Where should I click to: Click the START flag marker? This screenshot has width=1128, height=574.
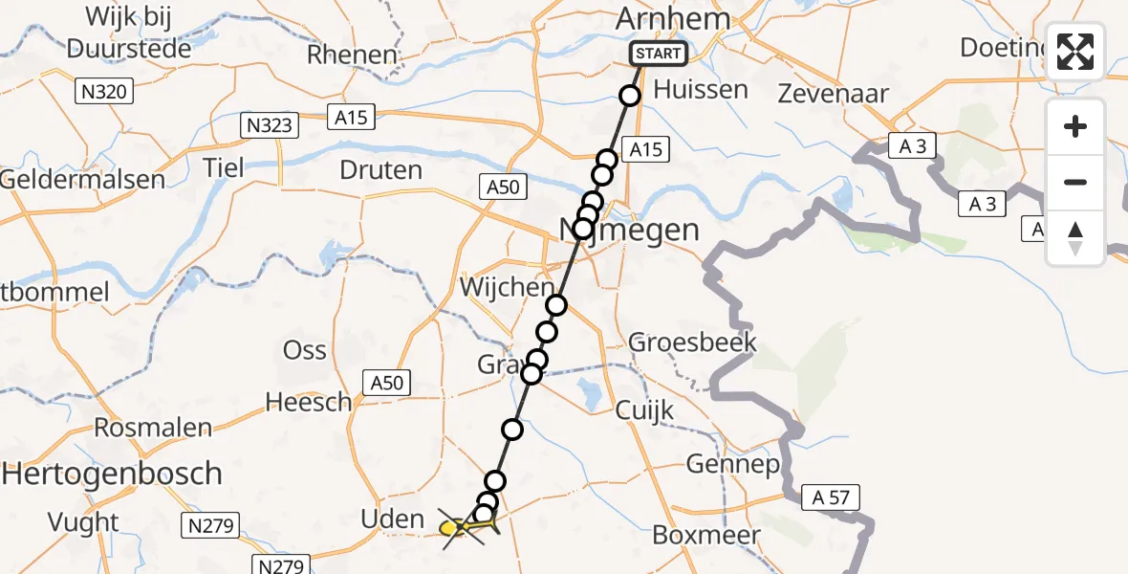(x=659, y=54)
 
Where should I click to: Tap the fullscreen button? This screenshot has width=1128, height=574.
(x=1075, y=52)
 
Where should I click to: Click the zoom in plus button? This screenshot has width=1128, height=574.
(x=1075, y=126)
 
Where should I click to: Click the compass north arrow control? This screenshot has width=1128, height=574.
(x=1075, y=237)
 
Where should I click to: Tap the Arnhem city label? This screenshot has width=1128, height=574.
(x=673, y=19)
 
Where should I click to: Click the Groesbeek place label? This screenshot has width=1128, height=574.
(x=692, y=342)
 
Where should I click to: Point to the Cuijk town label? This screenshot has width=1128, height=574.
(x=645, y=409)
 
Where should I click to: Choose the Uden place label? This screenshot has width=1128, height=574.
(x=392, y=519)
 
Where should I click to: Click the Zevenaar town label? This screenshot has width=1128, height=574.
(x=833, y=94)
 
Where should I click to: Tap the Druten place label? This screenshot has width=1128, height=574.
(x=380, y=170)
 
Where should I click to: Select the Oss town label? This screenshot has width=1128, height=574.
(x=305, y=350)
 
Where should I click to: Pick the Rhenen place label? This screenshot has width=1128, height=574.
(x=352, y=55)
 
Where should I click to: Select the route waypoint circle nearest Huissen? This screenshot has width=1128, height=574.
(x=629, y=95)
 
